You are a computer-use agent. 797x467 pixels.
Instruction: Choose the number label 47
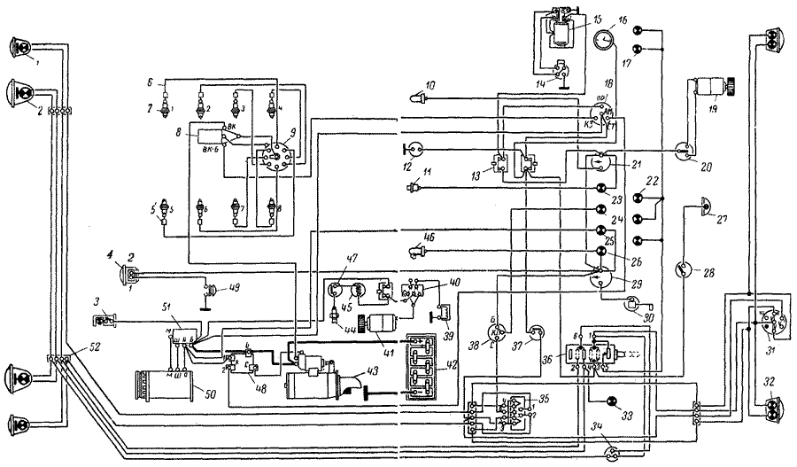(352, 261)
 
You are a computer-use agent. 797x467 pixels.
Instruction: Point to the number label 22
(654, 180)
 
